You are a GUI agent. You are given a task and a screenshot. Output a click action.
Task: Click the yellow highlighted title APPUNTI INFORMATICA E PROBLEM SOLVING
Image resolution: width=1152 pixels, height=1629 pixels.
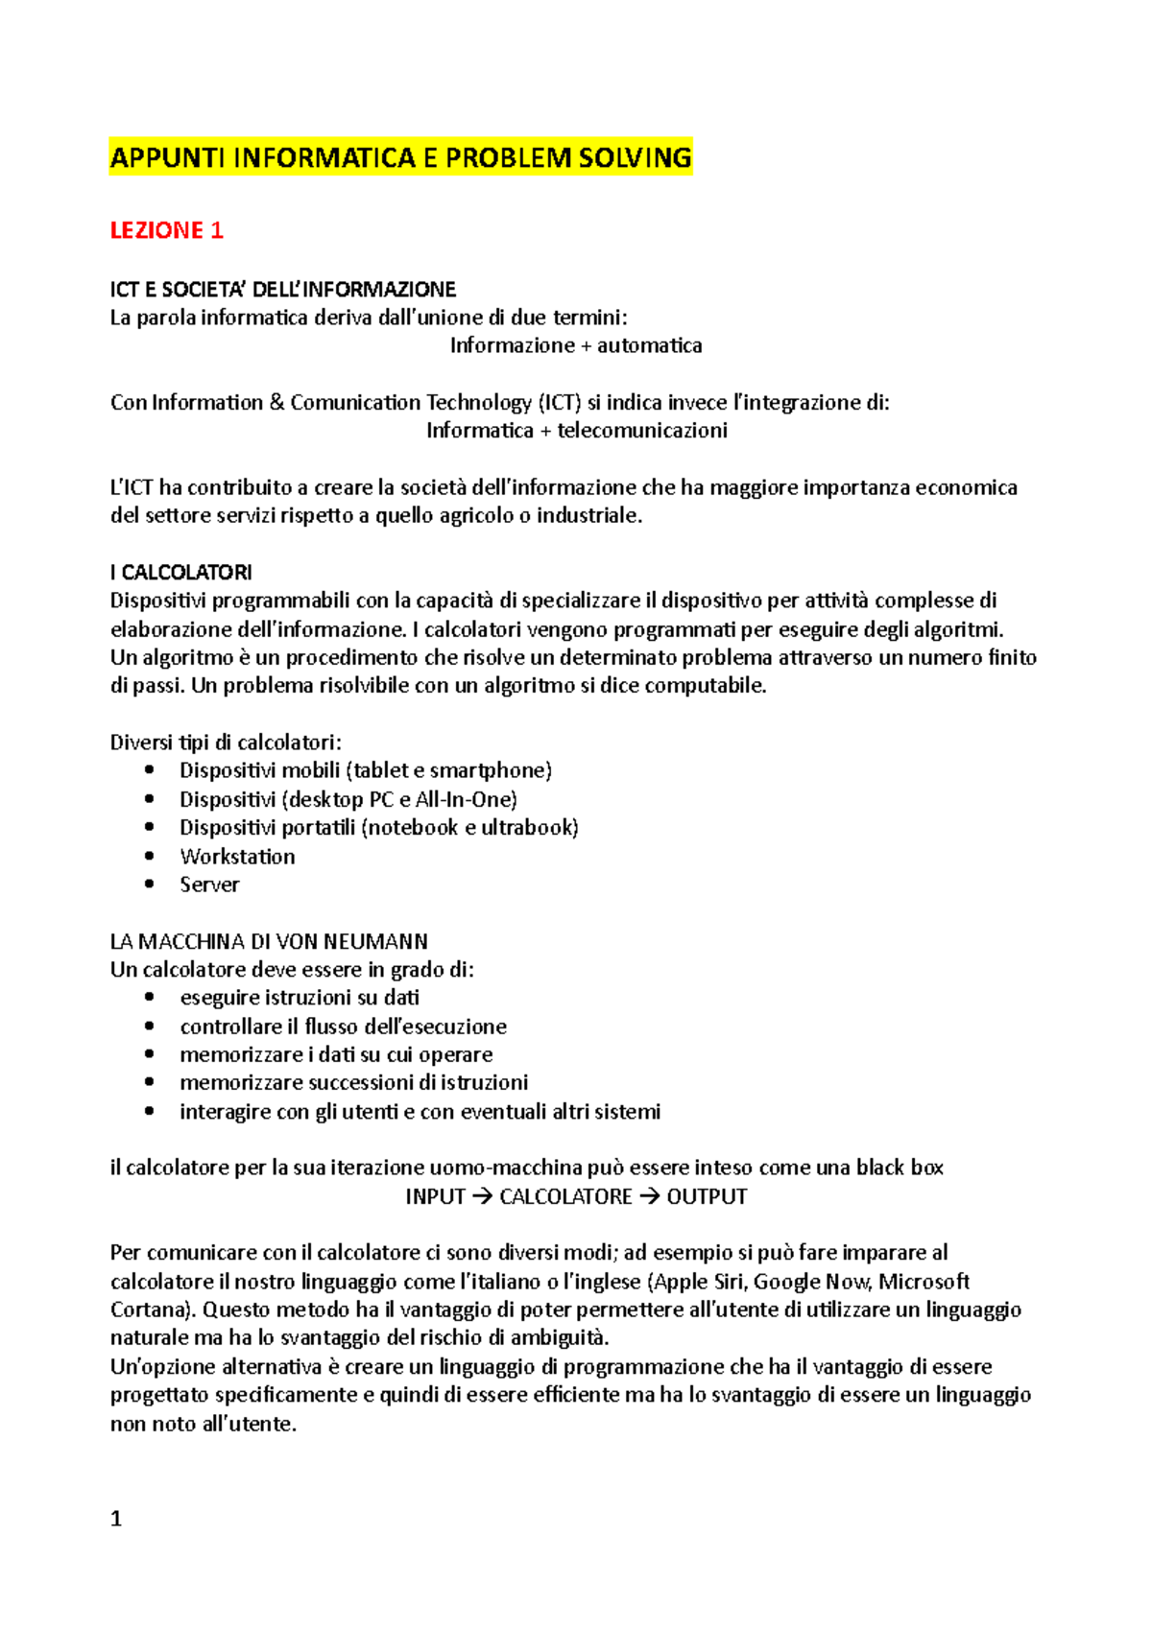pyautogui.click(x=400, y=157)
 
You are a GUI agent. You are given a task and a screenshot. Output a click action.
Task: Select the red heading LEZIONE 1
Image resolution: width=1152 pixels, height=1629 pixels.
pyautogui.click(x=166, y=230)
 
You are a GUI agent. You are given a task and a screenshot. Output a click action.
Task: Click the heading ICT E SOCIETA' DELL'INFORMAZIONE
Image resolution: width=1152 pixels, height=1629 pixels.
pyautogui.click(x=282, y=290)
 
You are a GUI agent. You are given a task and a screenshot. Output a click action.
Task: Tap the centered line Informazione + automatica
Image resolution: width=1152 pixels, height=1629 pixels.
pyautogui.click(x=576, y=345)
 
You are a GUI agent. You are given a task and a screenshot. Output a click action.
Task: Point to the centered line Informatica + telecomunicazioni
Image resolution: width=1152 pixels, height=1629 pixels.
pyautogui.click(x=576, y=431)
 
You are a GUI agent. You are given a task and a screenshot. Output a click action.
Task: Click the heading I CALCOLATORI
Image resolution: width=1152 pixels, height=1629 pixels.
pyautogui.click(x=180, y=573)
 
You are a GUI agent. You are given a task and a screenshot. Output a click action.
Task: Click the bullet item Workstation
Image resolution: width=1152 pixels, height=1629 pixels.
pyautogui.click(x=237, y=857)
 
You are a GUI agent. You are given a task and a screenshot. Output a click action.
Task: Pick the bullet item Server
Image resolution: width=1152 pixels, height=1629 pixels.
pyautogui.click(x=209, y=885)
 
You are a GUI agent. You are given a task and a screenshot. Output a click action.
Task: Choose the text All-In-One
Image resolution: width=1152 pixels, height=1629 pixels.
pyautogui.click(x=465, y=800)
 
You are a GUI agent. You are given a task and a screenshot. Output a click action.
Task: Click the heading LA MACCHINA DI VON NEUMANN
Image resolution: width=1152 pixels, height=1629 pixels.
pyautogui.click(x=269, y=941)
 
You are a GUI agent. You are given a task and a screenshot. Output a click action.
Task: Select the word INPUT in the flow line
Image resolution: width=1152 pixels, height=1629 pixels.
pyautogui.click(x=435, y=1197)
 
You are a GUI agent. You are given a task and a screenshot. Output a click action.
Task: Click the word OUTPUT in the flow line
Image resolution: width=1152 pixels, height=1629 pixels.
pyautogui.click(x=707, y=1197)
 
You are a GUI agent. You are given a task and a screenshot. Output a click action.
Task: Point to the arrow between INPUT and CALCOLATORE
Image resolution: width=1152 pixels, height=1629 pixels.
pyautogui.click(x=482, y=1197)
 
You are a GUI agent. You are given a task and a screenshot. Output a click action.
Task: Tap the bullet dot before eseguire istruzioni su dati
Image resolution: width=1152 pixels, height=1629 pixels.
pyautogui.click(x=149, y=998)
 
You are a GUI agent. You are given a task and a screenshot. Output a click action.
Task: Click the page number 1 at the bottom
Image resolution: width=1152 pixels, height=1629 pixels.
pyautogui.click(x=116, y=1519)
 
